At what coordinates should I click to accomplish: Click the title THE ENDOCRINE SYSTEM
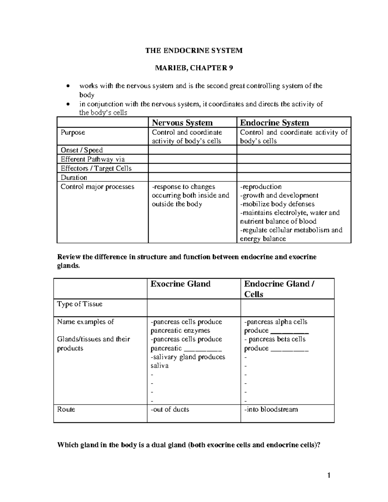(194, 50)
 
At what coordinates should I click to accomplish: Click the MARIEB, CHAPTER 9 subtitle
(194, 68)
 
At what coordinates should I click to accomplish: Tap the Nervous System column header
(182, 123)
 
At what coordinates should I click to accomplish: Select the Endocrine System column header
(274, 123)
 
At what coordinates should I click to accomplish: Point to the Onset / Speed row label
(82, 150)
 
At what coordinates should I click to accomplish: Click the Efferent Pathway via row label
(93, 159)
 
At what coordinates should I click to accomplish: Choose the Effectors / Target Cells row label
(96, 168)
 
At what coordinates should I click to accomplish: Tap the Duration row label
(74, 177)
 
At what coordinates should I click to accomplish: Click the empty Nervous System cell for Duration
(192, 177)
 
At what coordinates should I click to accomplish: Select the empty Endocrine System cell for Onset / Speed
(294, 150)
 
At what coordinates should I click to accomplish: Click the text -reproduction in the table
(261, 187)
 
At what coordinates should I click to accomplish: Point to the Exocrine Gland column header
(180, 284)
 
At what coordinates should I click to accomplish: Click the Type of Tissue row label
(80, 304)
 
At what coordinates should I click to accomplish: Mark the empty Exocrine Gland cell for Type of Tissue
(194, 307)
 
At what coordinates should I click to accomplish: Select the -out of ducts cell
(170, 409)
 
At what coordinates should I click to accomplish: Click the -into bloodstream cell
(271, 409)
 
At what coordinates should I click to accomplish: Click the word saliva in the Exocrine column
(159, 366)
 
